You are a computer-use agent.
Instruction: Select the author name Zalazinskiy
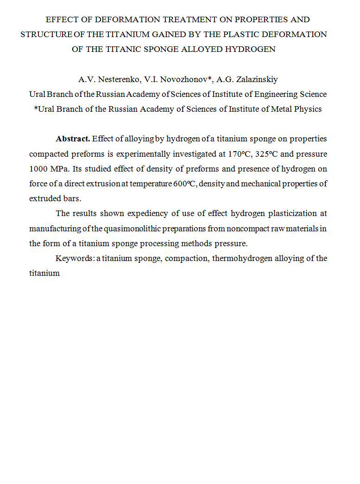[x=254, y=80]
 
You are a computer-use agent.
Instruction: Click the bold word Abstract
[x=73, y=139]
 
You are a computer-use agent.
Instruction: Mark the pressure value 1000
[x=38, y=168]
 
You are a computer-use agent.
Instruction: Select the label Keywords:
[x=75, y=258]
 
